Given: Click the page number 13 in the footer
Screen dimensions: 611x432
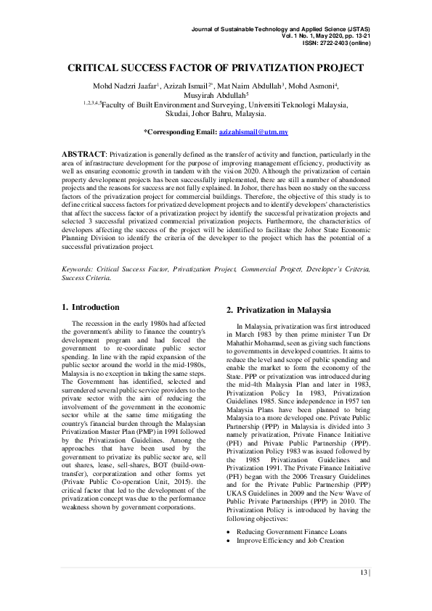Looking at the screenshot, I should tap(363, 573).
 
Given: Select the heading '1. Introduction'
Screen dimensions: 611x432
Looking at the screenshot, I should tap(96, 307).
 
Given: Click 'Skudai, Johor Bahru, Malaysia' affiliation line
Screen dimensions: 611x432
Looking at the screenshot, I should tap(216, 114).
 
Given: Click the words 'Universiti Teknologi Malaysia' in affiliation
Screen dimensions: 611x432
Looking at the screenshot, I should tap(298, 104).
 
